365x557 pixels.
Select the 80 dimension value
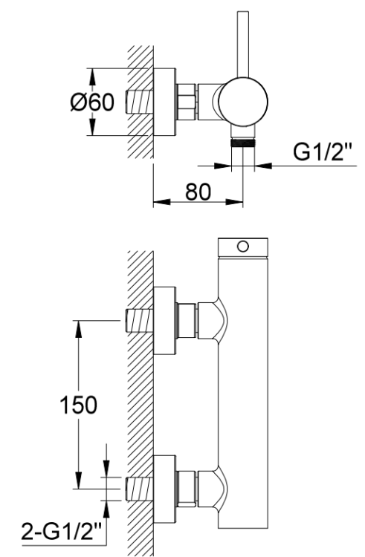197,191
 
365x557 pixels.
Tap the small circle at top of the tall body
242,246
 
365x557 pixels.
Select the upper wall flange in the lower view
164,320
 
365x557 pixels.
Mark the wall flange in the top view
164,102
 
